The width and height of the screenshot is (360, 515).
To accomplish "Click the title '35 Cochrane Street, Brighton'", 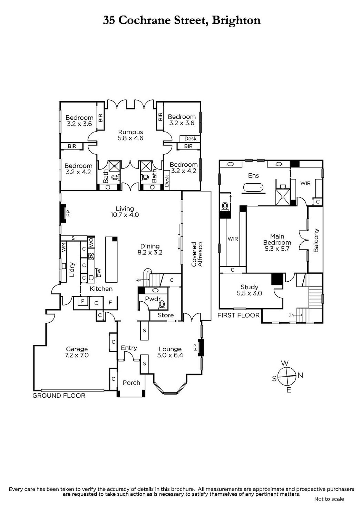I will click(182, 20).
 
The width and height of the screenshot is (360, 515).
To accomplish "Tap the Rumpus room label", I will click(130, 135).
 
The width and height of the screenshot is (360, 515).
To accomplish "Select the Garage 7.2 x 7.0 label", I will click(77, 352).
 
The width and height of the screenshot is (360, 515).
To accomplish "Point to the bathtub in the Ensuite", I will click(253, 188).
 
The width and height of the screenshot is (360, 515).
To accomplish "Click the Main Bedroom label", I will click(277, 242).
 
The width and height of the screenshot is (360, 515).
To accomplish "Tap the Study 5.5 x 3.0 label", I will click(249, 290).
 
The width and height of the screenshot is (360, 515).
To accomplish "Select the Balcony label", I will click(316, 241).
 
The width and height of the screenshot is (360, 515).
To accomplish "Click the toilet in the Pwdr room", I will click(162, 304).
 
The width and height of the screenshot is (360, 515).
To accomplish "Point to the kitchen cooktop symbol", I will click(91, 256).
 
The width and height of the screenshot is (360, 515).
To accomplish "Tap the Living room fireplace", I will click(63, 213).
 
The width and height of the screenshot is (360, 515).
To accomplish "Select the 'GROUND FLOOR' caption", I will click(59, 396).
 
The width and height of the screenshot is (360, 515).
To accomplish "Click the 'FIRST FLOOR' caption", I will click(238, 315).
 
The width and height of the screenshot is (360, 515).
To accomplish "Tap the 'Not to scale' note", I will click(329, 499).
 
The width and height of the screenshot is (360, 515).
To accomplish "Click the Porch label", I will click(132, 383).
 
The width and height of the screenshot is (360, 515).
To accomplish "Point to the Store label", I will click(166, 315).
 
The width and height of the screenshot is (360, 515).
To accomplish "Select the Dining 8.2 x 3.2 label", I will click(150, 249).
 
